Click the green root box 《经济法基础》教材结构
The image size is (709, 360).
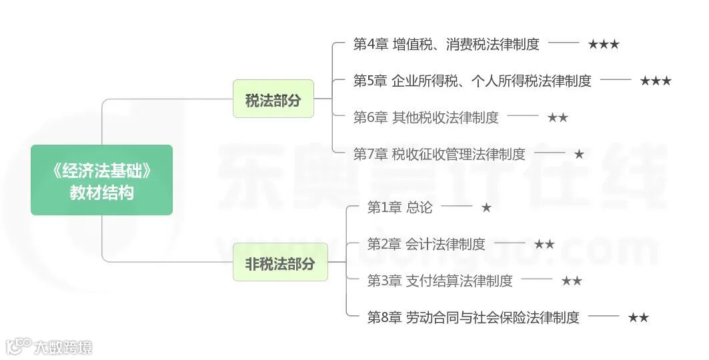[x=101, y=180]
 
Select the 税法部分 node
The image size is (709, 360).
[x=273, y=99]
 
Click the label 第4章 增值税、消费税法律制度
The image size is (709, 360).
[x=446, y=45]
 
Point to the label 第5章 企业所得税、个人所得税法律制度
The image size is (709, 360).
[x=472, y=81]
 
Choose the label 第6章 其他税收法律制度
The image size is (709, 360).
[x=426, y=117]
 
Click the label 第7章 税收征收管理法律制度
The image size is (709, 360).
[x=439, y=154]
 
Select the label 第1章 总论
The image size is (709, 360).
[x=400, y=207]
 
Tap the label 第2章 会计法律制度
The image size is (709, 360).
[x=426, y=244]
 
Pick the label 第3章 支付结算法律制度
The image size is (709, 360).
[x=440, y=281]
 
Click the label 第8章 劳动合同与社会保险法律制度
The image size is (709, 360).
[x=474, y=317]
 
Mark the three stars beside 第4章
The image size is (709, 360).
[x=604, y=45]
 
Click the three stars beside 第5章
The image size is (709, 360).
[x=656, y=81]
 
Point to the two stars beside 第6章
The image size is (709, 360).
[x=558, y=117]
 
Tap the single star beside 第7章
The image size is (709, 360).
[x=579, y=154]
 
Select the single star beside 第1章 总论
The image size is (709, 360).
[x=486, y=207]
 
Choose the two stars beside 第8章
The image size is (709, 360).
[x=638, y=317]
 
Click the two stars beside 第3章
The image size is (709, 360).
[x=572, y=281]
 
